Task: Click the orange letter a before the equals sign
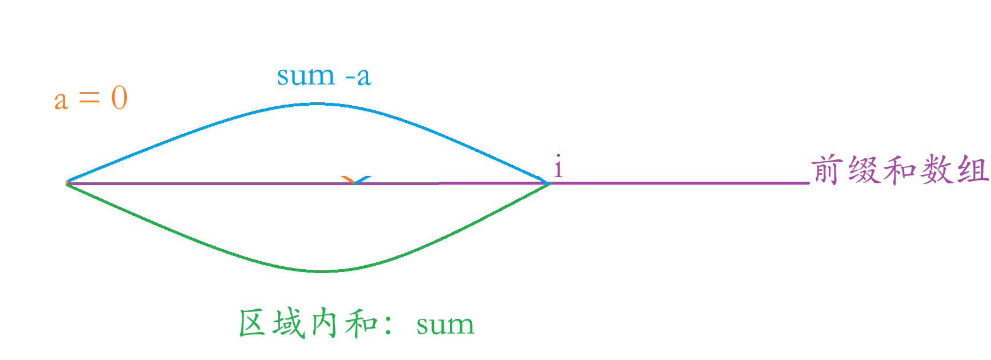[x=61, y=101]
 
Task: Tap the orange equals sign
[x=89, y=98]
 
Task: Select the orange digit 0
[x=119, y=98]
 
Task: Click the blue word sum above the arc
[x=306, y=76]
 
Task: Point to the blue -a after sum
[x=358, y=76]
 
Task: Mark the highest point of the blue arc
[x=316, y=104]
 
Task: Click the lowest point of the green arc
[x=323, y=271]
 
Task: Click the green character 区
[x=252, y=323]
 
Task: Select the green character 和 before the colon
[x=360, y=323]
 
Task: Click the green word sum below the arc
[x=445, y=326]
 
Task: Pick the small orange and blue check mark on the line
[x=356, y=181]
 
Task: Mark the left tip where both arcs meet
[x=67, y=183]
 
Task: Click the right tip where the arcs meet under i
[x=548, y=183]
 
